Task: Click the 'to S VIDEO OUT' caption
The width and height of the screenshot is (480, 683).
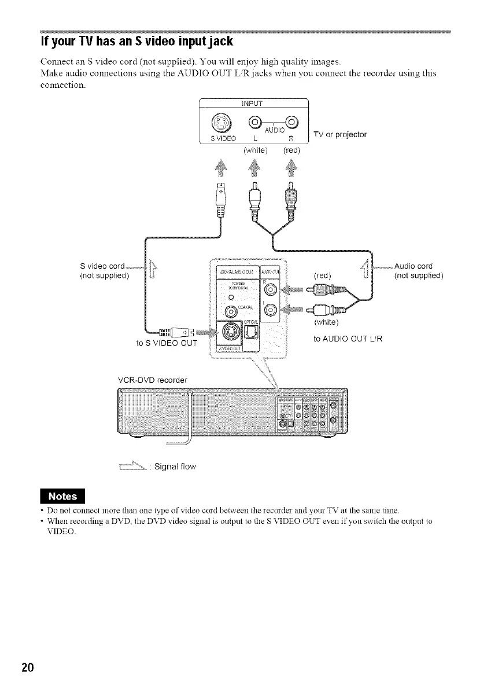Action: [165, 343]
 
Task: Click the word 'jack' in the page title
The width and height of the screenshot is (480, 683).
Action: [216, 42]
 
